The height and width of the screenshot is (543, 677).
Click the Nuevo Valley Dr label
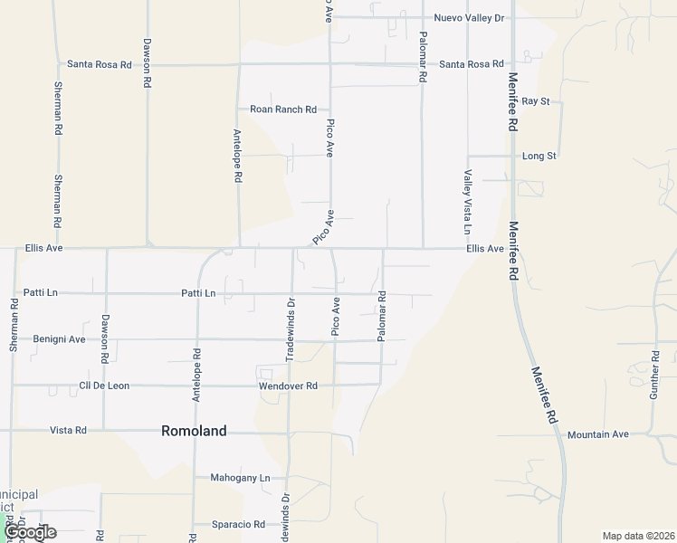pyautogui.click(x=469, y=17)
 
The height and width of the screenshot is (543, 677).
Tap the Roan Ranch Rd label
pyautogui.click(x=283, y=110)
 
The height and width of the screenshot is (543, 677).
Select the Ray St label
pyautogui.click(x=536, y=101)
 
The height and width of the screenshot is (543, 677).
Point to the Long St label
pyautogui.click(x=539, y=156)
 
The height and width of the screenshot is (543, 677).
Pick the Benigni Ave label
pyautogui.click(x=59, y=339)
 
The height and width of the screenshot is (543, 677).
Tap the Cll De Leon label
pyautogui.click(x=104, y=386)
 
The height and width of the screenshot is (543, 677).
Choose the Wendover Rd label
pyautogui.click(x=286, y=386)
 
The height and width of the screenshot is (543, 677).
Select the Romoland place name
pyautogui.click(x=194, y=432)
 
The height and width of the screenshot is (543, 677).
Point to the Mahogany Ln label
pyautogui.click(x=240, y=477)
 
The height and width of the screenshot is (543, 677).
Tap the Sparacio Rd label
pyautogui.click(x=234, y=524)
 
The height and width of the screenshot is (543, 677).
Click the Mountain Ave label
pyautogui.click(x=597, y=434)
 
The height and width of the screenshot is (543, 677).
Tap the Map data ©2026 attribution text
pyautogui.click(x=637, y=536)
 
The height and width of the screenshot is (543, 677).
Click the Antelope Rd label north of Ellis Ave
pyautogui.click(x=238, y=156)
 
